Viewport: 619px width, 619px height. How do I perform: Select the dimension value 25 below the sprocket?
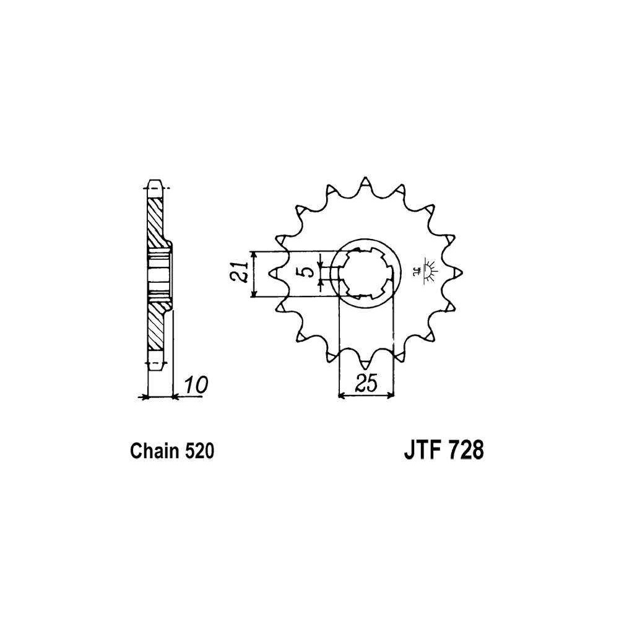[x=366, y=383]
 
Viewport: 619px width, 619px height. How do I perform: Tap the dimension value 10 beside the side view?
[x=196, y=385]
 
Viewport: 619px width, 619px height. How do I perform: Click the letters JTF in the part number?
[x=420, y=451]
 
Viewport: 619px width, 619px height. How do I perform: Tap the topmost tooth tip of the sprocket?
[x=366, y=178]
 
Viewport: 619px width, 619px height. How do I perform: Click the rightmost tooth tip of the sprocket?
[x=461, y=272]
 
